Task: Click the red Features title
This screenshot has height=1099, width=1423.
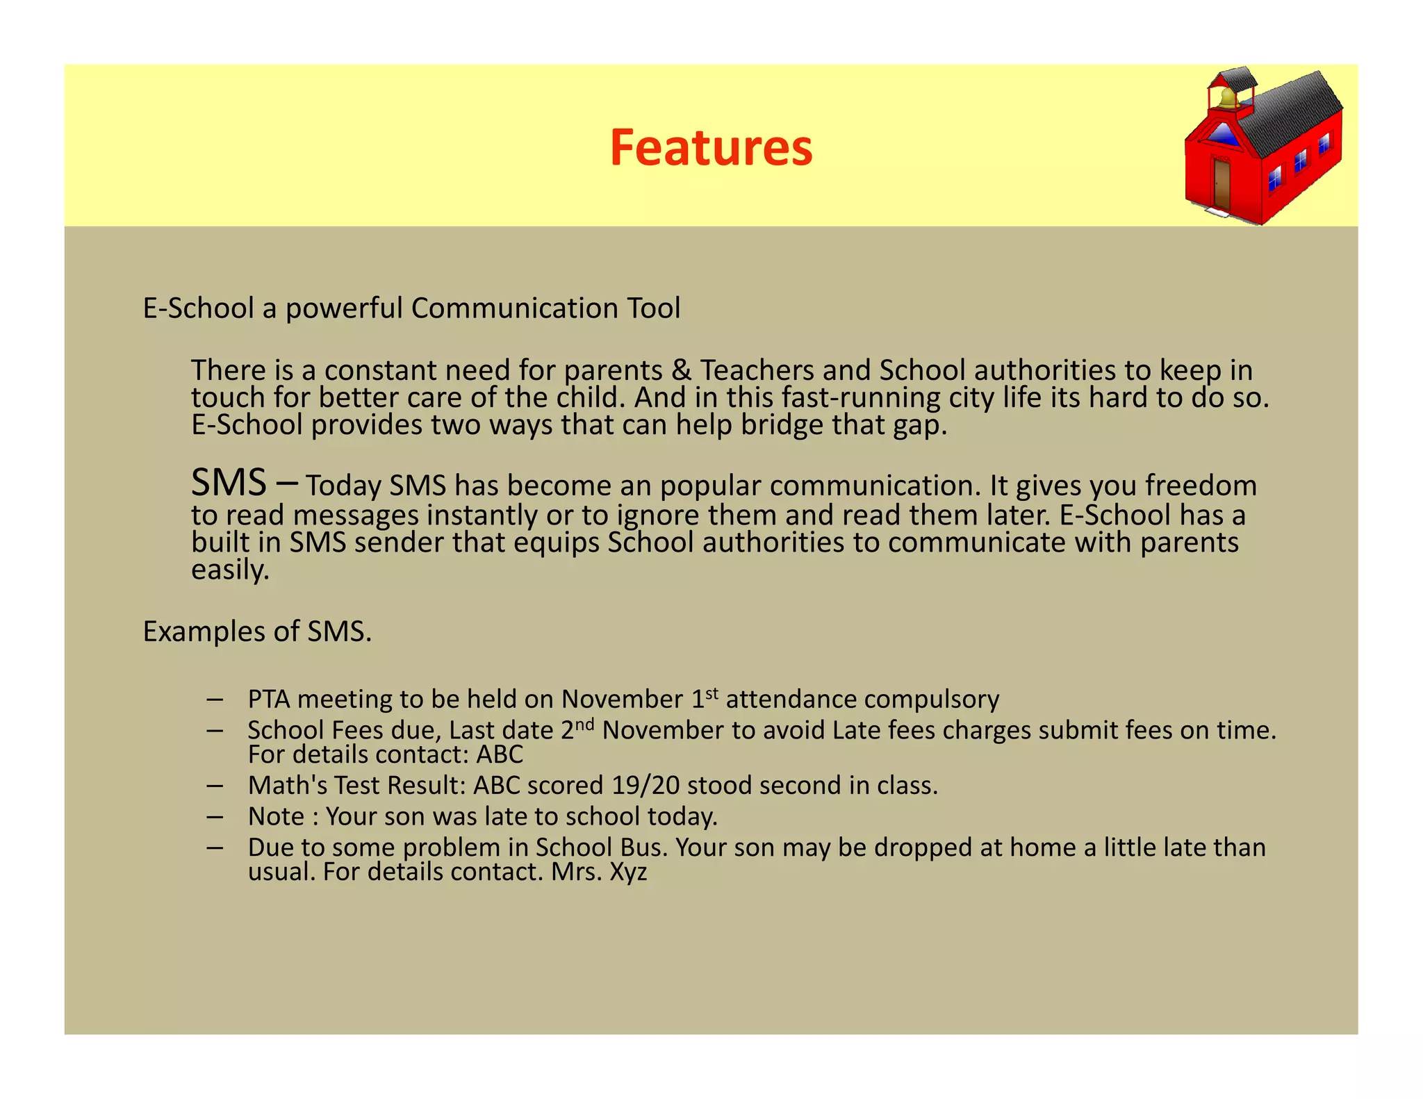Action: point(711,148)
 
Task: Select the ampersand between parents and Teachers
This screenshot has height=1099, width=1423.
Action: point(682,370)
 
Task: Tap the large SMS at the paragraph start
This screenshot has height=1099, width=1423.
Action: point(229,483)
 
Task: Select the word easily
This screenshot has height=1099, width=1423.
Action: point(230,570)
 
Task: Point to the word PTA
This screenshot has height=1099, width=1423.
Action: point(268,700)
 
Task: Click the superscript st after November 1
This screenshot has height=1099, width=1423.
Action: point(711,693)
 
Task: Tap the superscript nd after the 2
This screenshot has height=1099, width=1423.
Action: point(585,724)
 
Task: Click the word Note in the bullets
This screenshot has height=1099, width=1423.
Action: point(276,816)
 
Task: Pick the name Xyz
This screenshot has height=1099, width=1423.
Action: point(628,872)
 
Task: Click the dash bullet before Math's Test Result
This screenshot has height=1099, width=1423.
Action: point(215,786)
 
